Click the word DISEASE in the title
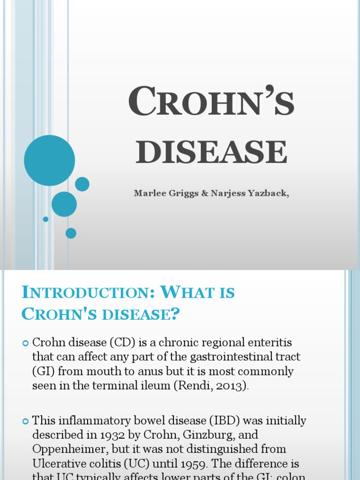211,152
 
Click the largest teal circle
49,160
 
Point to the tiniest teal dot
45,219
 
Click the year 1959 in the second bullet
194,464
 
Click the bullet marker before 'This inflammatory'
26,421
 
